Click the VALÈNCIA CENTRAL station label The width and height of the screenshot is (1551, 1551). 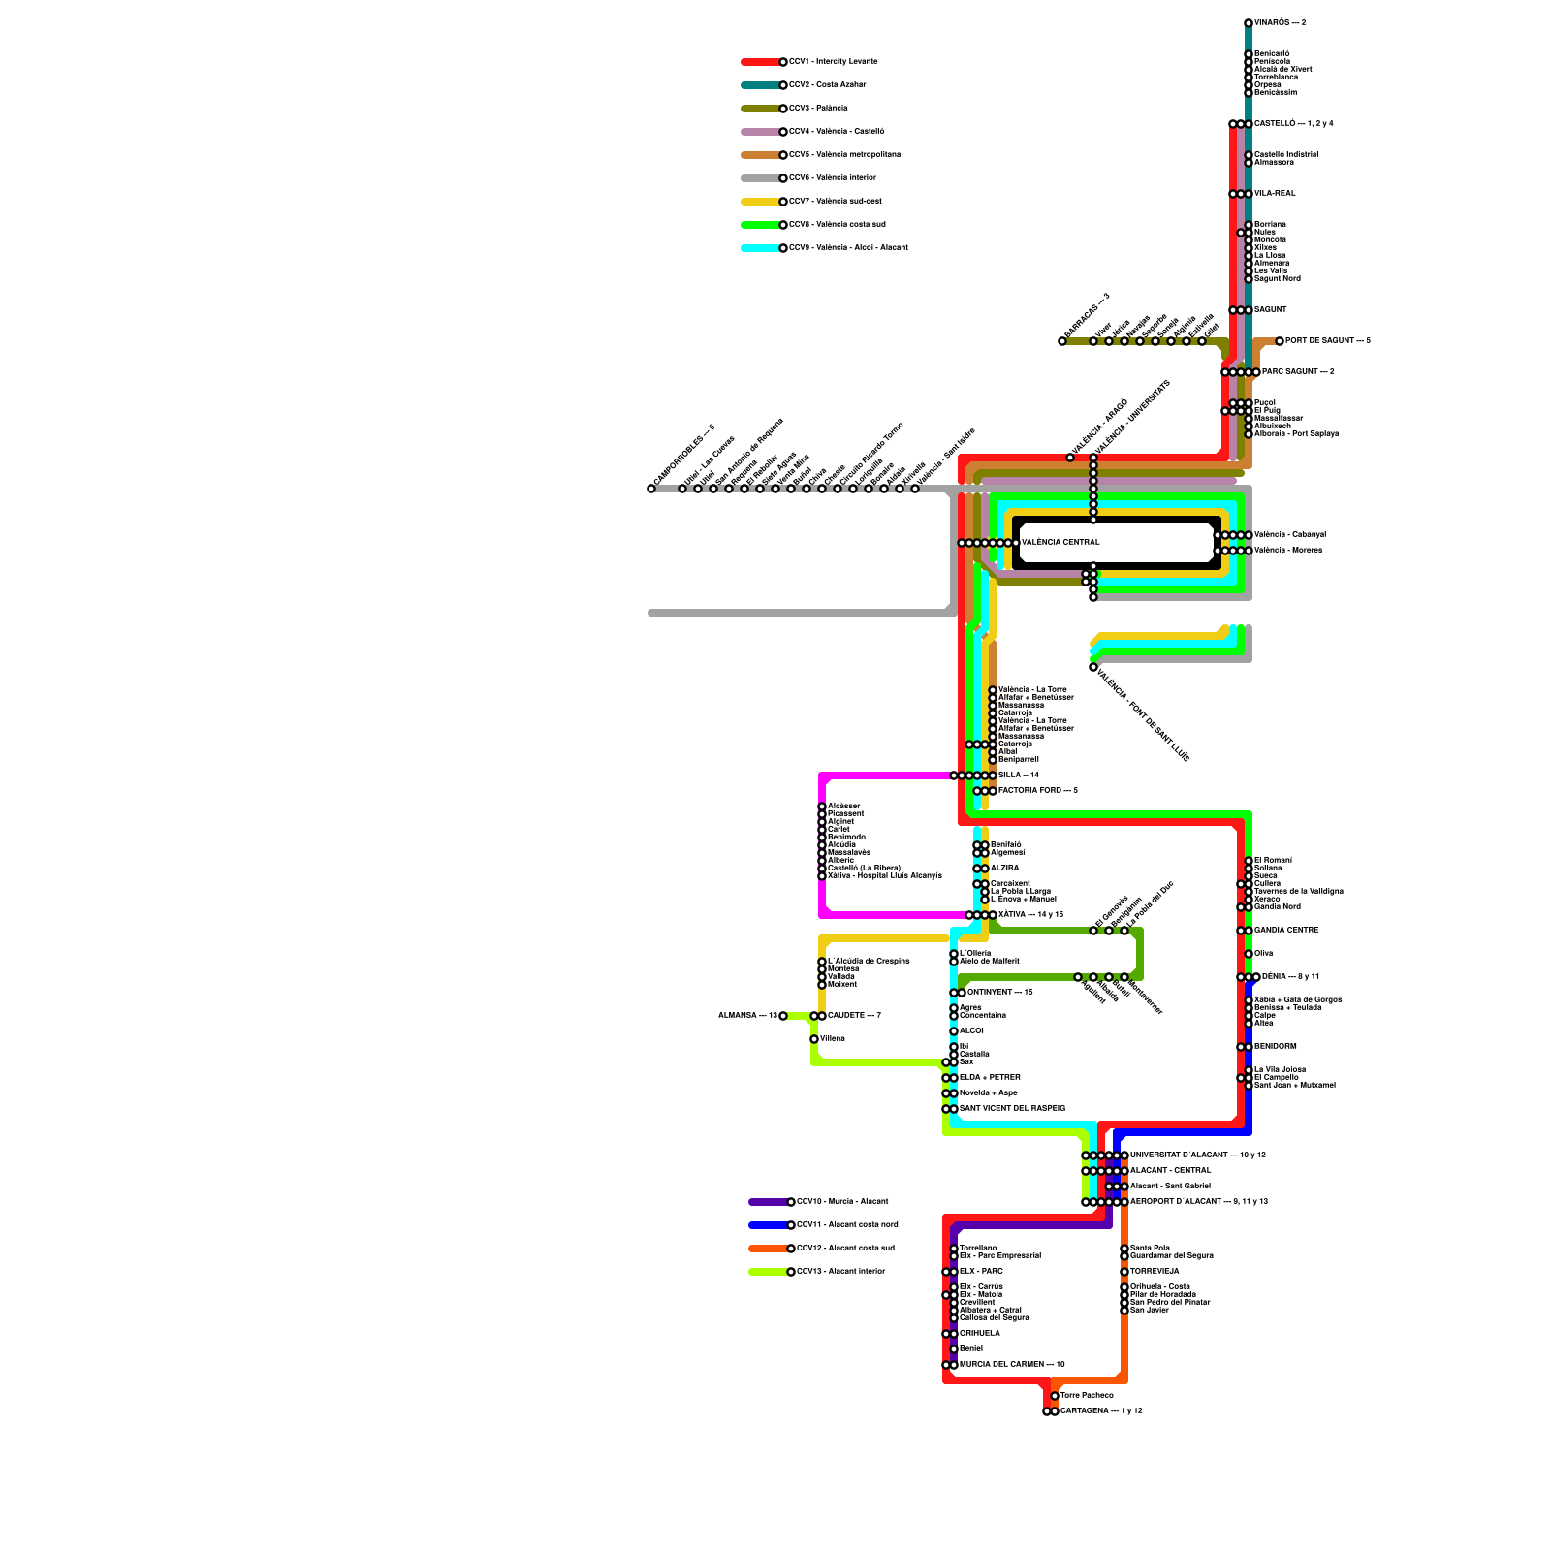coord(1060,543)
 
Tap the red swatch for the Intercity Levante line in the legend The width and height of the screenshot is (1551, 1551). coord(760,62)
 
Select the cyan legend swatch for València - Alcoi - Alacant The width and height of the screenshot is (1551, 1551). coord(760,248)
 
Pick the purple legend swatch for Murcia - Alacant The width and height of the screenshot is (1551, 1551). coord(768,1202)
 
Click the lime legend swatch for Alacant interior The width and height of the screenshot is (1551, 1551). coord(768,1272)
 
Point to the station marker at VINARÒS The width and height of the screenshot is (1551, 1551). coord(1249,23)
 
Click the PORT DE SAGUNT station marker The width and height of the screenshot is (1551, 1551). coord(1280,341)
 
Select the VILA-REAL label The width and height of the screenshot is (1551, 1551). coord(1275,194)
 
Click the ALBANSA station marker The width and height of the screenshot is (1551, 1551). coord(783,1016)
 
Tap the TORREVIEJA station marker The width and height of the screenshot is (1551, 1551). coord(1124,1272)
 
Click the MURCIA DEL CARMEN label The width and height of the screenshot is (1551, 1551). coord(1012,1365)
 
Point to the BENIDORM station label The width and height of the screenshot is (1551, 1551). coord(1275,1047)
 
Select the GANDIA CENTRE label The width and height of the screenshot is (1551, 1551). coord(1286,931)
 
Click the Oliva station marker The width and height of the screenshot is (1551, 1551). coord(1249,954)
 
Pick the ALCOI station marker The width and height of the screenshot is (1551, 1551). coord(954,1031)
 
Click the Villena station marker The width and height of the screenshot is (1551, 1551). coord(814,1039)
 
